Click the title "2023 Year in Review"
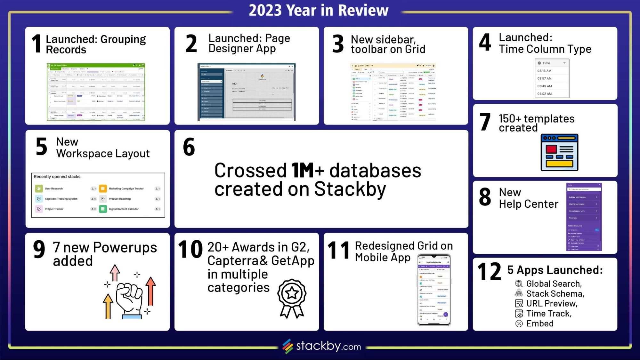tap(319, 10)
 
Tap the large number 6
tap(189, 147)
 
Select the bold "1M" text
tap(303, 170)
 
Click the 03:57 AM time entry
tap(544, 78)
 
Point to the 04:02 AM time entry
tap(544, 94)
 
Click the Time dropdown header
tap(552, 63)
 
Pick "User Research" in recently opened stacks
tap(53, 188)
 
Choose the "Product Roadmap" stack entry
tap(119, 199)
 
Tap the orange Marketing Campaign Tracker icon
tap(103, 188)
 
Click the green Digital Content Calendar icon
tap(103, 209)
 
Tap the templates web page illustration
tap(559, 152)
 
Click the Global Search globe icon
tap(519, 284)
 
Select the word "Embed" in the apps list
tap(540, 323)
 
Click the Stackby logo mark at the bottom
tap(288, 346)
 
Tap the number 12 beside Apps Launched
tap(489, 271)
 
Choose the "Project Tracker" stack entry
tap(54, 209)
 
